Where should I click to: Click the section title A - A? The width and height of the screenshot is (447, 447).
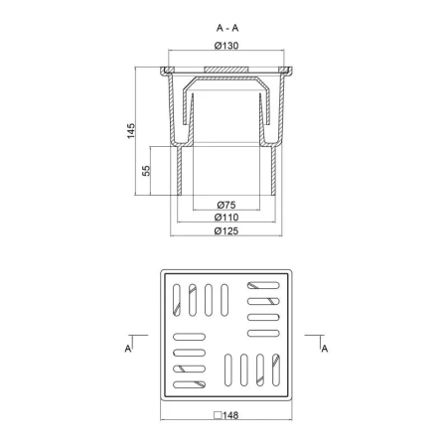pos(227,28)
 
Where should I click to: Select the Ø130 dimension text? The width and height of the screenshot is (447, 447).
pos(226,46)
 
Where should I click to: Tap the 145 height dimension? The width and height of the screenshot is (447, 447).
pos(131,131)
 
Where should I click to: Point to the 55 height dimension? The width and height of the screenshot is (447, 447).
pos(146,171)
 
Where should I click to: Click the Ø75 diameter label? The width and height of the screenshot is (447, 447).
pos(226,205)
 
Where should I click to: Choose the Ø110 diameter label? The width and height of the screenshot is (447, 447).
pos(226,218)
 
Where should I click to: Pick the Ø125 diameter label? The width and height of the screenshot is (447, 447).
pos(226,230)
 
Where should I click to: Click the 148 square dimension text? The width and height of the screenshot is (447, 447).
pos(230,415)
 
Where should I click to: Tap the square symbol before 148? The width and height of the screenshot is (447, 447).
pos(218,415)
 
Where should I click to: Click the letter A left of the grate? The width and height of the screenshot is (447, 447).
pos(128,349)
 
